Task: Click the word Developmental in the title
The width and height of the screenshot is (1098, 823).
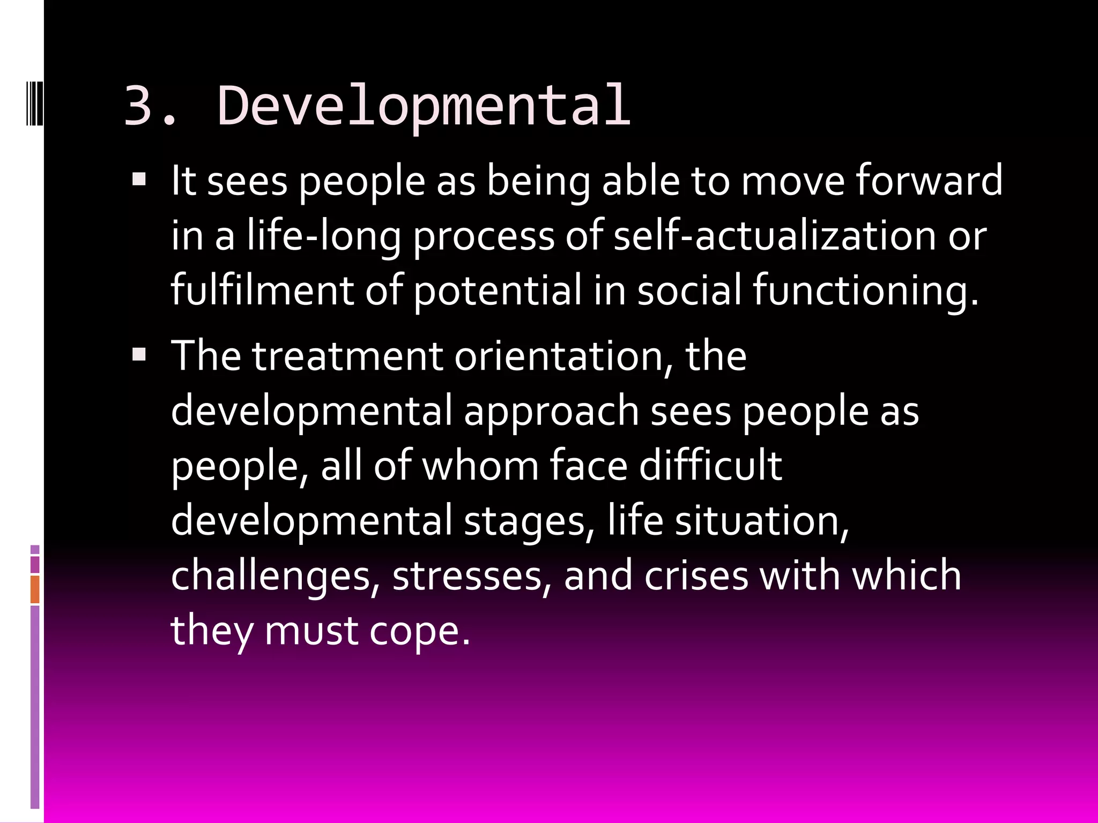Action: coord(424,106)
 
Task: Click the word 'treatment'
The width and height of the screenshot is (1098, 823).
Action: coord(347,356)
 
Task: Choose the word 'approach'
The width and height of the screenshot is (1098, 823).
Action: coord(551,411)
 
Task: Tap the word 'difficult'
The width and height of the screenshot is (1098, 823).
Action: coord(710,465)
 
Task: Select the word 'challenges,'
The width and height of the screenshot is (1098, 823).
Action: coord(272,576)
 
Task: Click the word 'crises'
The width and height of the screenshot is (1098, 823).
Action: coord(696,576)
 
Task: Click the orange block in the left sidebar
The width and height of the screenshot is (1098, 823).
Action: coord(35,589)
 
